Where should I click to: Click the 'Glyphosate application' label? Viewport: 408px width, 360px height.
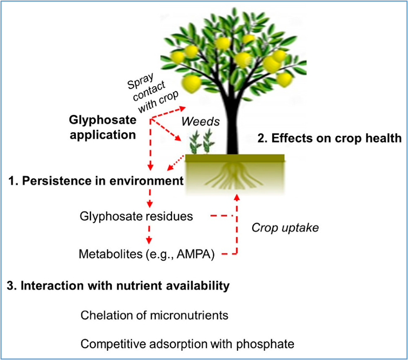click(103, 128)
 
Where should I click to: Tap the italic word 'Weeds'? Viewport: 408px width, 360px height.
click(201, 121)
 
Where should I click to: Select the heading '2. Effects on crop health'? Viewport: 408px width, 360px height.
click(330, 138)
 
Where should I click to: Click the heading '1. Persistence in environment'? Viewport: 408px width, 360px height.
click(96, 181)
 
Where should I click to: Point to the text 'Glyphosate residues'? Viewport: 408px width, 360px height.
click(136, 217)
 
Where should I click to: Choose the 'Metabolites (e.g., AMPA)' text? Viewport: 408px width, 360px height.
click(147, 254)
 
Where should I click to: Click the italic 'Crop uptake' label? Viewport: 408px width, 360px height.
click(285, 228)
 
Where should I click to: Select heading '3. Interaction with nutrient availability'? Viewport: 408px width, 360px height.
click(118, 285)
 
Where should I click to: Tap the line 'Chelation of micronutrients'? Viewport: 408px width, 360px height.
click(154, 315)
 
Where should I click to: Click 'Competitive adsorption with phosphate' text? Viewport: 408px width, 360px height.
click(187, 344)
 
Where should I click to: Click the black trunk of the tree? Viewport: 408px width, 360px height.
click(232, 125)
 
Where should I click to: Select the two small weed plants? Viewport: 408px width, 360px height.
click(202, 142)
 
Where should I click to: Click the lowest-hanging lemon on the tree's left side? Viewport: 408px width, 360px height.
click(192, 83)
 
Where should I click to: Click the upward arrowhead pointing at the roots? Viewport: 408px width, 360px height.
click(237, 197)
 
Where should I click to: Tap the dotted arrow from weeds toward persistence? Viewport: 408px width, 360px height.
click(176, 163)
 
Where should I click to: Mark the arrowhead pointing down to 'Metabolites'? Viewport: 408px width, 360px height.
click(149, 241)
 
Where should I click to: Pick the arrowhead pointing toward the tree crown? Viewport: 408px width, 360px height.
click(182, 108)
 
